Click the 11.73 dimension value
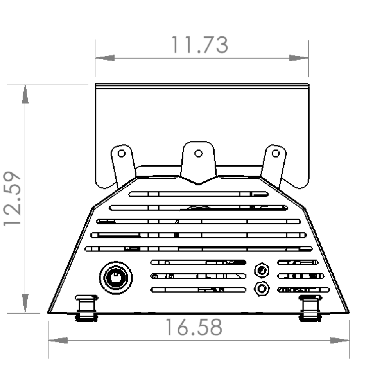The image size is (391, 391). [200, 45]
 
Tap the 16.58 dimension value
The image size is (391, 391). [194, 327]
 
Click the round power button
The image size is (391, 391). [116, 278]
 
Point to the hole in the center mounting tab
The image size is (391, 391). [198, 153]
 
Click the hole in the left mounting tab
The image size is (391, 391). [122, 153]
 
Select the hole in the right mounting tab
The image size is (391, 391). [276, 152]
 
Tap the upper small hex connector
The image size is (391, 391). [261, 270]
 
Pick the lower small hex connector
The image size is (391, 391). [261, 289]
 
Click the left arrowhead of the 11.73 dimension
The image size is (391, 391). [105, 58]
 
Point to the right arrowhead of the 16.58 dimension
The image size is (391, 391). [340, 340]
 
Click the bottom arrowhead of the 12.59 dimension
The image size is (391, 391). [25, 303]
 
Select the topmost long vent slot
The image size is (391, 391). [199, 194]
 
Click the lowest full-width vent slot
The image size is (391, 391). [199, 249]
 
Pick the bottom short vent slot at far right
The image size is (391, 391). [303, 290]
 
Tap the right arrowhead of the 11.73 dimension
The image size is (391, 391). [299, 58]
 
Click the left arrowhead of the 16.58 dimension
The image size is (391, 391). [58, 340]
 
